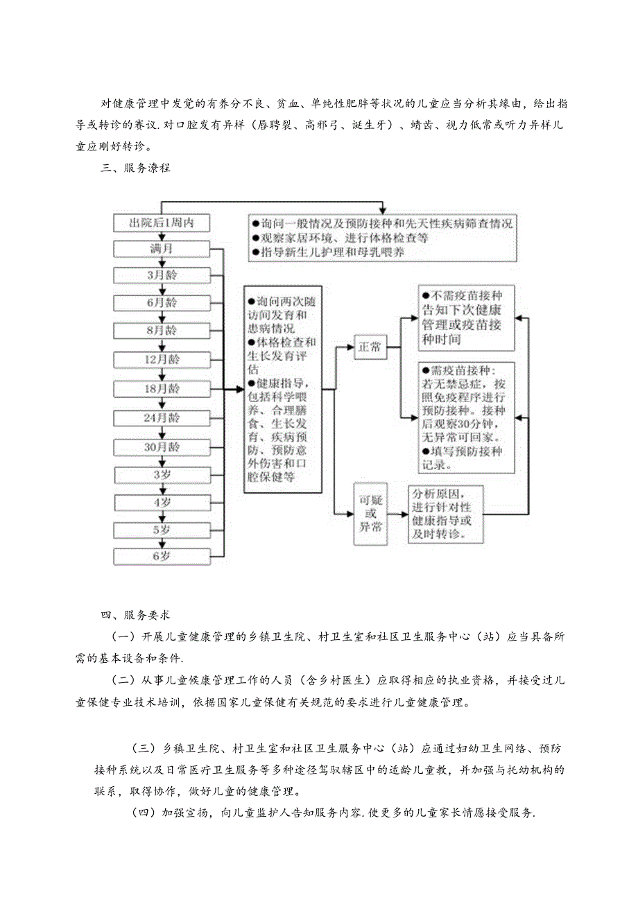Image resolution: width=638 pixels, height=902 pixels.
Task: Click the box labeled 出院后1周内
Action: pyautogui.click(x=162, y=223)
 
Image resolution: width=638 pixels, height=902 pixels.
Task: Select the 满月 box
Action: pyautogui.click(x=162, y=248)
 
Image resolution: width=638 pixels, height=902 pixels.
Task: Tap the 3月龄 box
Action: pyautogui.click(x=162, y=275)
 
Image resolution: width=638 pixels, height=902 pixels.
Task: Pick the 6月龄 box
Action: pyautogui.click(x=162, y=302)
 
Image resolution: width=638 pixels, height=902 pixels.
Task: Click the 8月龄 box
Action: pyautogui.click(x=162, y=330)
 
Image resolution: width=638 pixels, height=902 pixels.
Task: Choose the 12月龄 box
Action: pyautogui.click(x=162, y=358)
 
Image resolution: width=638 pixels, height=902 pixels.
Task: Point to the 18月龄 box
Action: pyautogui.click(x=162, y=388)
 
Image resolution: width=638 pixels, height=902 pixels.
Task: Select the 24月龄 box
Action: pyautogui.click(x=162, y=417)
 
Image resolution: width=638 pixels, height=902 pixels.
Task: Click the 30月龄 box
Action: pyautogui.click(x=162, y=446)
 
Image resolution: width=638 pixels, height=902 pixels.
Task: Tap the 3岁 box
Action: pyautogui.click(x=162, y=474)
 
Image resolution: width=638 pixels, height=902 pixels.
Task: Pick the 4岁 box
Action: pyautogui.click(x=162, y=502)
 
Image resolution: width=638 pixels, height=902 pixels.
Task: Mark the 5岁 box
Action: pyautogui.click(x=162, y=529)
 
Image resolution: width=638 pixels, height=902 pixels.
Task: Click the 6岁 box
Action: pyautogui.click(x=162, y=555)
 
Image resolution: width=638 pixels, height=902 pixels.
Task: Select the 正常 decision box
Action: pyautogui.click(x=370, y=347)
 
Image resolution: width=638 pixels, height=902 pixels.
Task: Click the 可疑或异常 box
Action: pyautogui.click(x=370, y=514)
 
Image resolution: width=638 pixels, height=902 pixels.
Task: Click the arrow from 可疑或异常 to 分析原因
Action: pyautogui.click(x=397, y=514)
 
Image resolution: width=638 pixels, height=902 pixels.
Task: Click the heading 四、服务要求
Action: pyautogui.click(x=136, y=614)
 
